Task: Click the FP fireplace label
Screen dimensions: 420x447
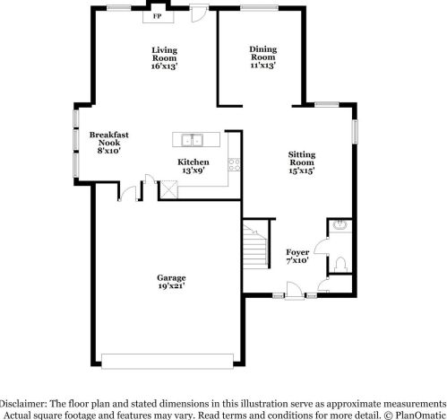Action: tap(158, 16)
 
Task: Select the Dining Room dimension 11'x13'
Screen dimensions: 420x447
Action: tap(262, 66)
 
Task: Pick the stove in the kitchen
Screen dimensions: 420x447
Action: tap(234, 164)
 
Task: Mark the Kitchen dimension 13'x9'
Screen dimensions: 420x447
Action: tap(193, 171)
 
